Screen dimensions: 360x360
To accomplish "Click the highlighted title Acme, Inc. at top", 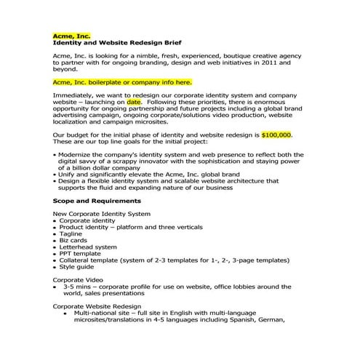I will (71, 35).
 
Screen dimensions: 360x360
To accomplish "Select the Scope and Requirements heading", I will (97, 200).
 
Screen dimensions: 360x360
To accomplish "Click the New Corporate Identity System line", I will (101, 213).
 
